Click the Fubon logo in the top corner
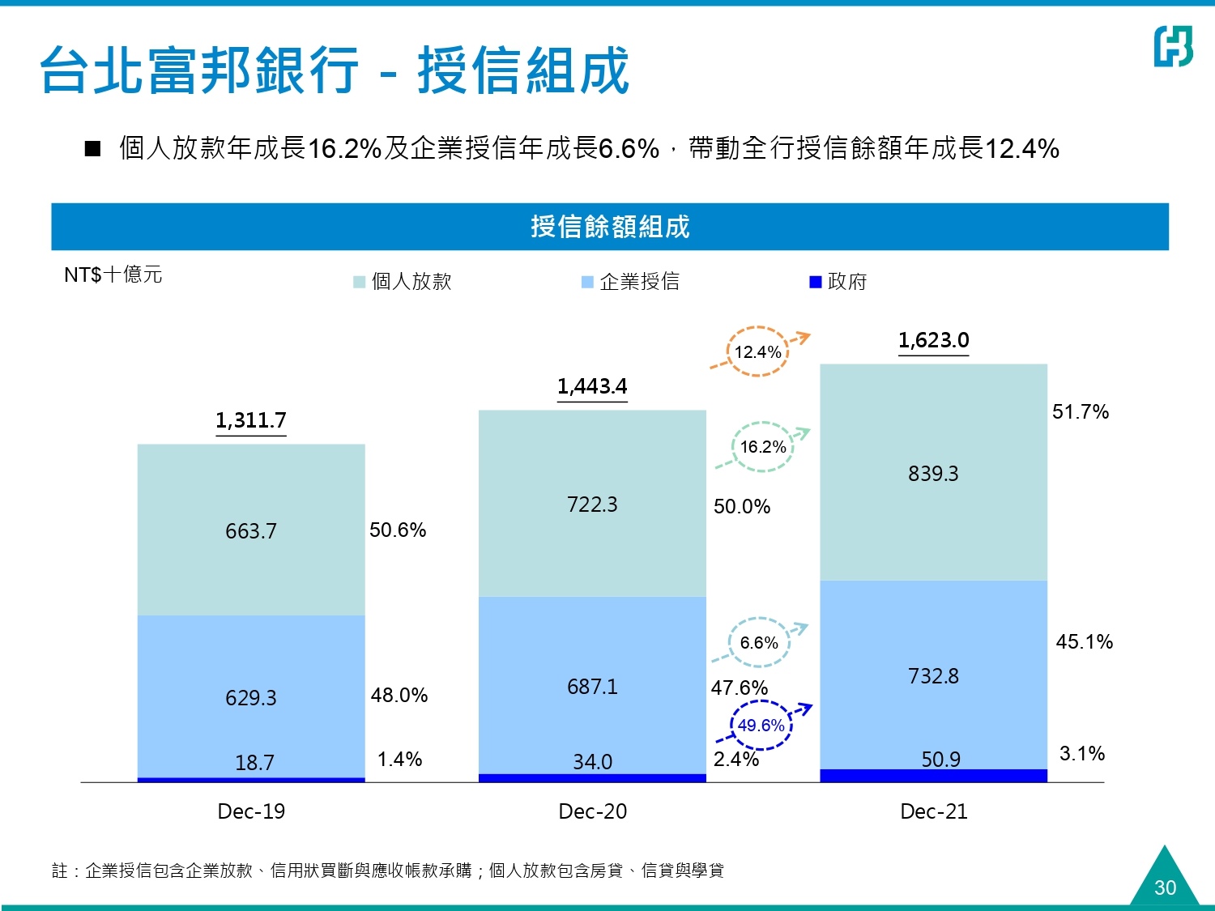click(x=1173, y=46)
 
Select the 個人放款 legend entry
click(x=403, y=281)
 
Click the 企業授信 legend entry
click(x=631, y=281)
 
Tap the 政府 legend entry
click(x=839, y=281)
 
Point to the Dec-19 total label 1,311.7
click(x=251, y=420)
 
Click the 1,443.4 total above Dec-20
click(x=592, y=386)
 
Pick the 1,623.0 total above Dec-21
click(x=933, y=340)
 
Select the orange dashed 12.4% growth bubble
click(x=758, y=351)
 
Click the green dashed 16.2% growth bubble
click(x=763, y=446)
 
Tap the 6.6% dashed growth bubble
click(x=759, y=642)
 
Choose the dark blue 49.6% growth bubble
click(x=761, y=725)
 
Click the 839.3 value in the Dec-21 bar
click(x=933, y=474)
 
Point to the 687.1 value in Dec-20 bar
click(x=592, y=687)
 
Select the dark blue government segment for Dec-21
click(x=933, y=776)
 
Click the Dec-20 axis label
click(x=592, y=811)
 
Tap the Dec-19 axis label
click(x=251, y=811)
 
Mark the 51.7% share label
click(x=1080, y=411)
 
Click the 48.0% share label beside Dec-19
click(x=399, y=695)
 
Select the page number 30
click(x=1165, y=888)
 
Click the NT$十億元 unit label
click(x=113, y=275)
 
